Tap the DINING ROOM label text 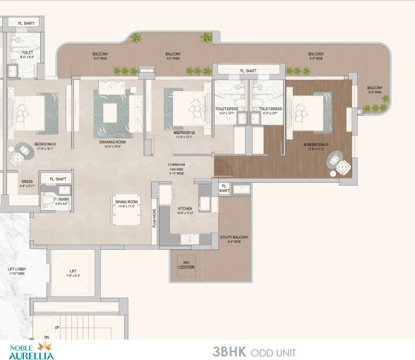click(127, 201)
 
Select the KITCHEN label click(185, 210)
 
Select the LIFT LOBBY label click(16, 271)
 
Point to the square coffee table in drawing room click(112, 113)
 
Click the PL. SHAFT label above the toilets click(248, 71)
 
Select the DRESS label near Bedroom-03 click(27, 181)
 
